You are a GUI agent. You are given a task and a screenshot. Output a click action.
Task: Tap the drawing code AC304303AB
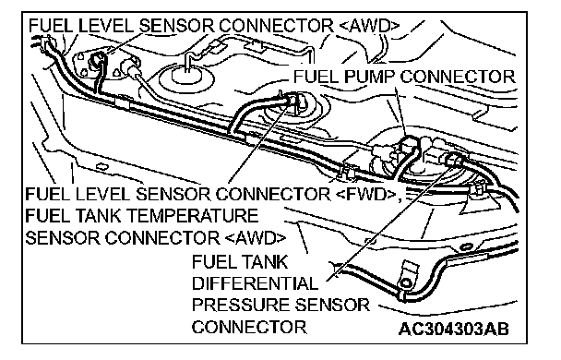click(x=454, y=329)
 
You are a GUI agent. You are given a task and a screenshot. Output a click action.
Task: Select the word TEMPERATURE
click(x=193, y=216)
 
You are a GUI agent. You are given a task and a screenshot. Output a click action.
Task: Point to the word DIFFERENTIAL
click(x=255, y=283)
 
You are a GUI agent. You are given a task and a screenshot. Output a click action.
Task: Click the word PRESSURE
click(x=241, y=306)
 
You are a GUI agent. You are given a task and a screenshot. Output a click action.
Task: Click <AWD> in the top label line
click(x=368, y=26)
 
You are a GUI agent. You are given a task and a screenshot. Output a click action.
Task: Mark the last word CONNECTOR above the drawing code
click(x=249, y=327)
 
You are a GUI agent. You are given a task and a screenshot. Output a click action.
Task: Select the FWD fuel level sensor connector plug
click(x=293, y=100)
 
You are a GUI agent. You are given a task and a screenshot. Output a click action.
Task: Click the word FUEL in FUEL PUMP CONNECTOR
click(x=317, y=77)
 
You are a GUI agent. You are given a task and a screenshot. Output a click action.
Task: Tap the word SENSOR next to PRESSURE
click(x=331, y=306)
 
